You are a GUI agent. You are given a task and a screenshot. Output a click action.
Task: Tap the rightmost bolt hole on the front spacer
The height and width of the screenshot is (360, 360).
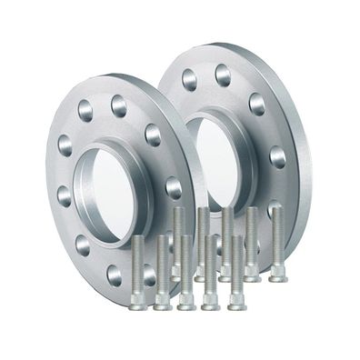tap(173, 187)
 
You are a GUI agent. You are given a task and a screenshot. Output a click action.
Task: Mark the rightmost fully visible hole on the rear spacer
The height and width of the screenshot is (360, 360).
tap(276, 156)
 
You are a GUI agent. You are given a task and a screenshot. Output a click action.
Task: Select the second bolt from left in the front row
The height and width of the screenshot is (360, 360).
tap(163, 272)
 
